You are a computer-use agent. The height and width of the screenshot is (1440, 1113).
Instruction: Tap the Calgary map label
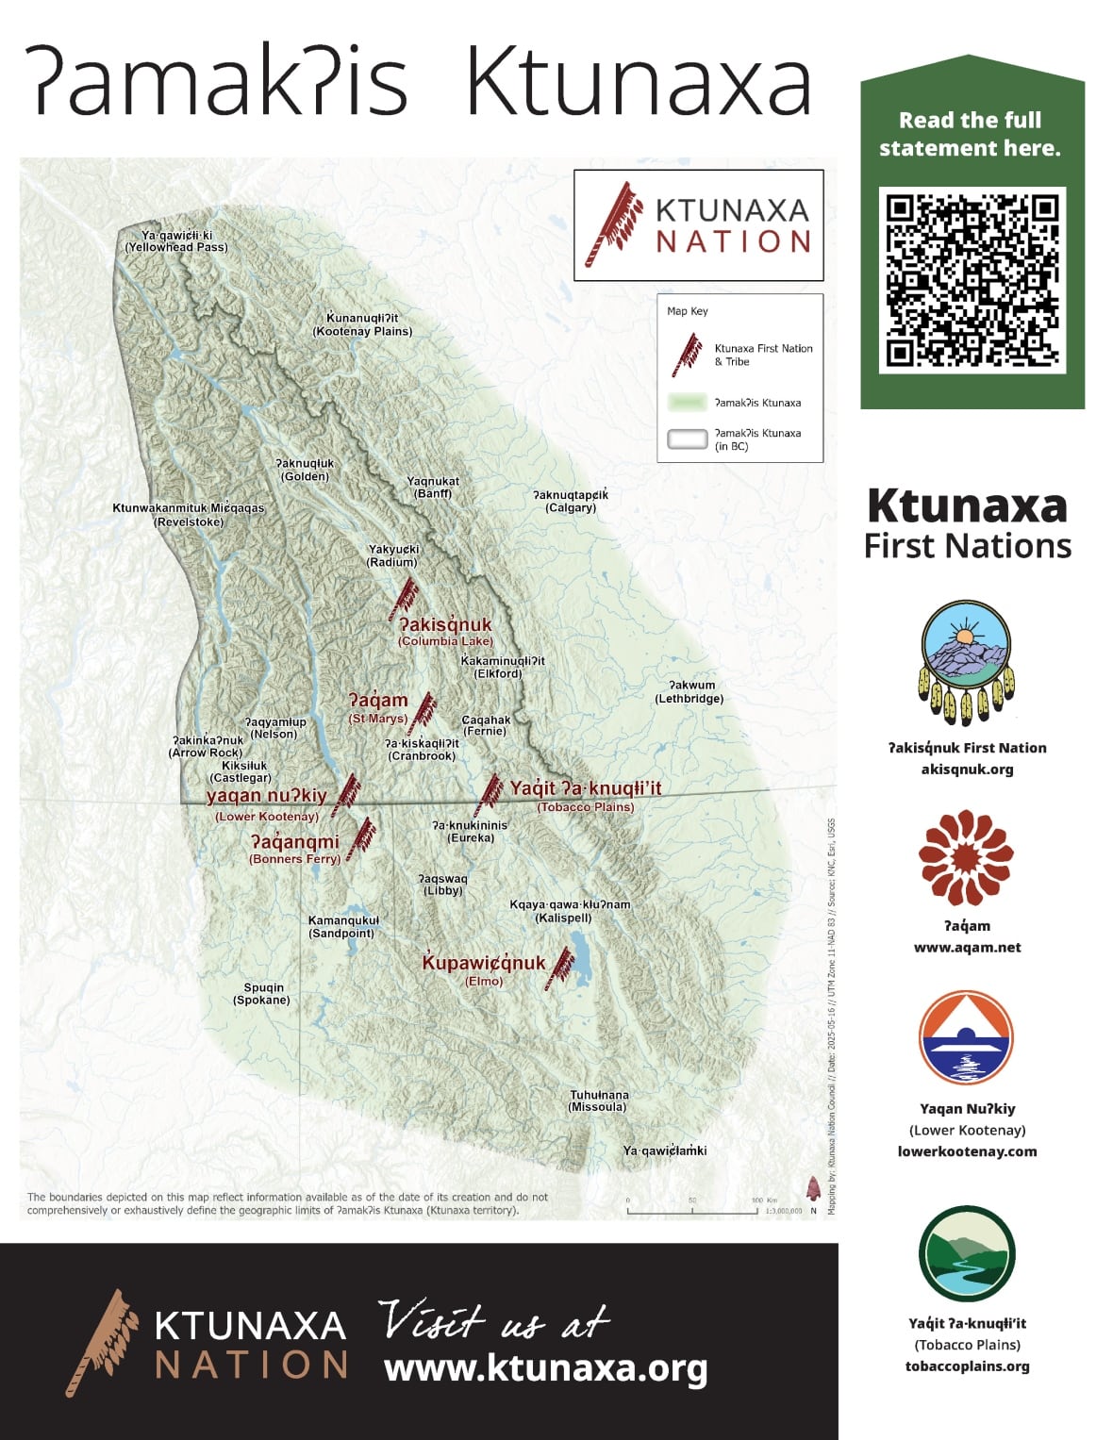click(571, 502)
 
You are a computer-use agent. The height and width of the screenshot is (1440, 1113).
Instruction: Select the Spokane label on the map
click(261, 994)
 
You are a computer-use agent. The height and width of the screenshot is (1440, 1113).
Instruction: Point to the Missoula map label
click(598, 1101)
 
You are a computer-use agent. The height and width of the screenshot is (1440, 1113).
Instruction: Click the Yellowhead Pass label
click(176, 241)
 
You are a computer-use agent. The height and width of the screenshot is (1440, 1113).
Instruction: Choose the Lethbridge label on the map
click(689, 692)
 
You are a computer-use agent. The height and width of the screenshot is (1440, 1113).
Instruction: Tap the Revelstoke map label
click(189, 515)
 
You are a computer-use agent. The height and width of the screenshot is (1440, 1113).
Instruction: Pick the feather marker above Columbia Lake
click(406, 599)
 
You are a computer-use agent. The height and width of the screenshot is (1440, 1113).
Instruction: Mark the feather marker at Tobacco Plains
click(490, 794)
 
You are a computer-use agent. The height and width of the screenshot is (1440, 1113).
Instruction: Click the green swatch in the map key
click(687, 403)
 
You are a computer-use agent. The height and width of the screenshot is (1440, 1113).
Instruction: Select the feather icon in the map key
click(687, 355)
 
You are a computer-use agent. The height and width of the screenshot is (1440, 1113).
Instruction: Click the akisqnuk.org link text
click(967, 769)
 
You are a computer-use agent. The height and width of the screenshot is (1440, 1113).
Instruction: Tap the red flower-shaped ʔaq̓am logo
click(967, 857)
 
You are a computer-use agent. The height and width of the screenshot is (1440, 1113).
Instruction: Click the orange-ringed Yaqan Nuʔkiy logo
click(967, 1037)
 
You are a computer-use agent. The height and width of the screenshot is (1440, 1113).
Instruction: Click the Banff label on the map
click(433, 488)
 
